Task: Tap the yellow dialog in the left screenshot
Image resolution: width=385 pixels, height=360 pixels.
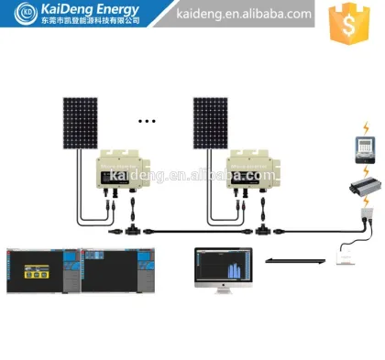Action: coord(36,272)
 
